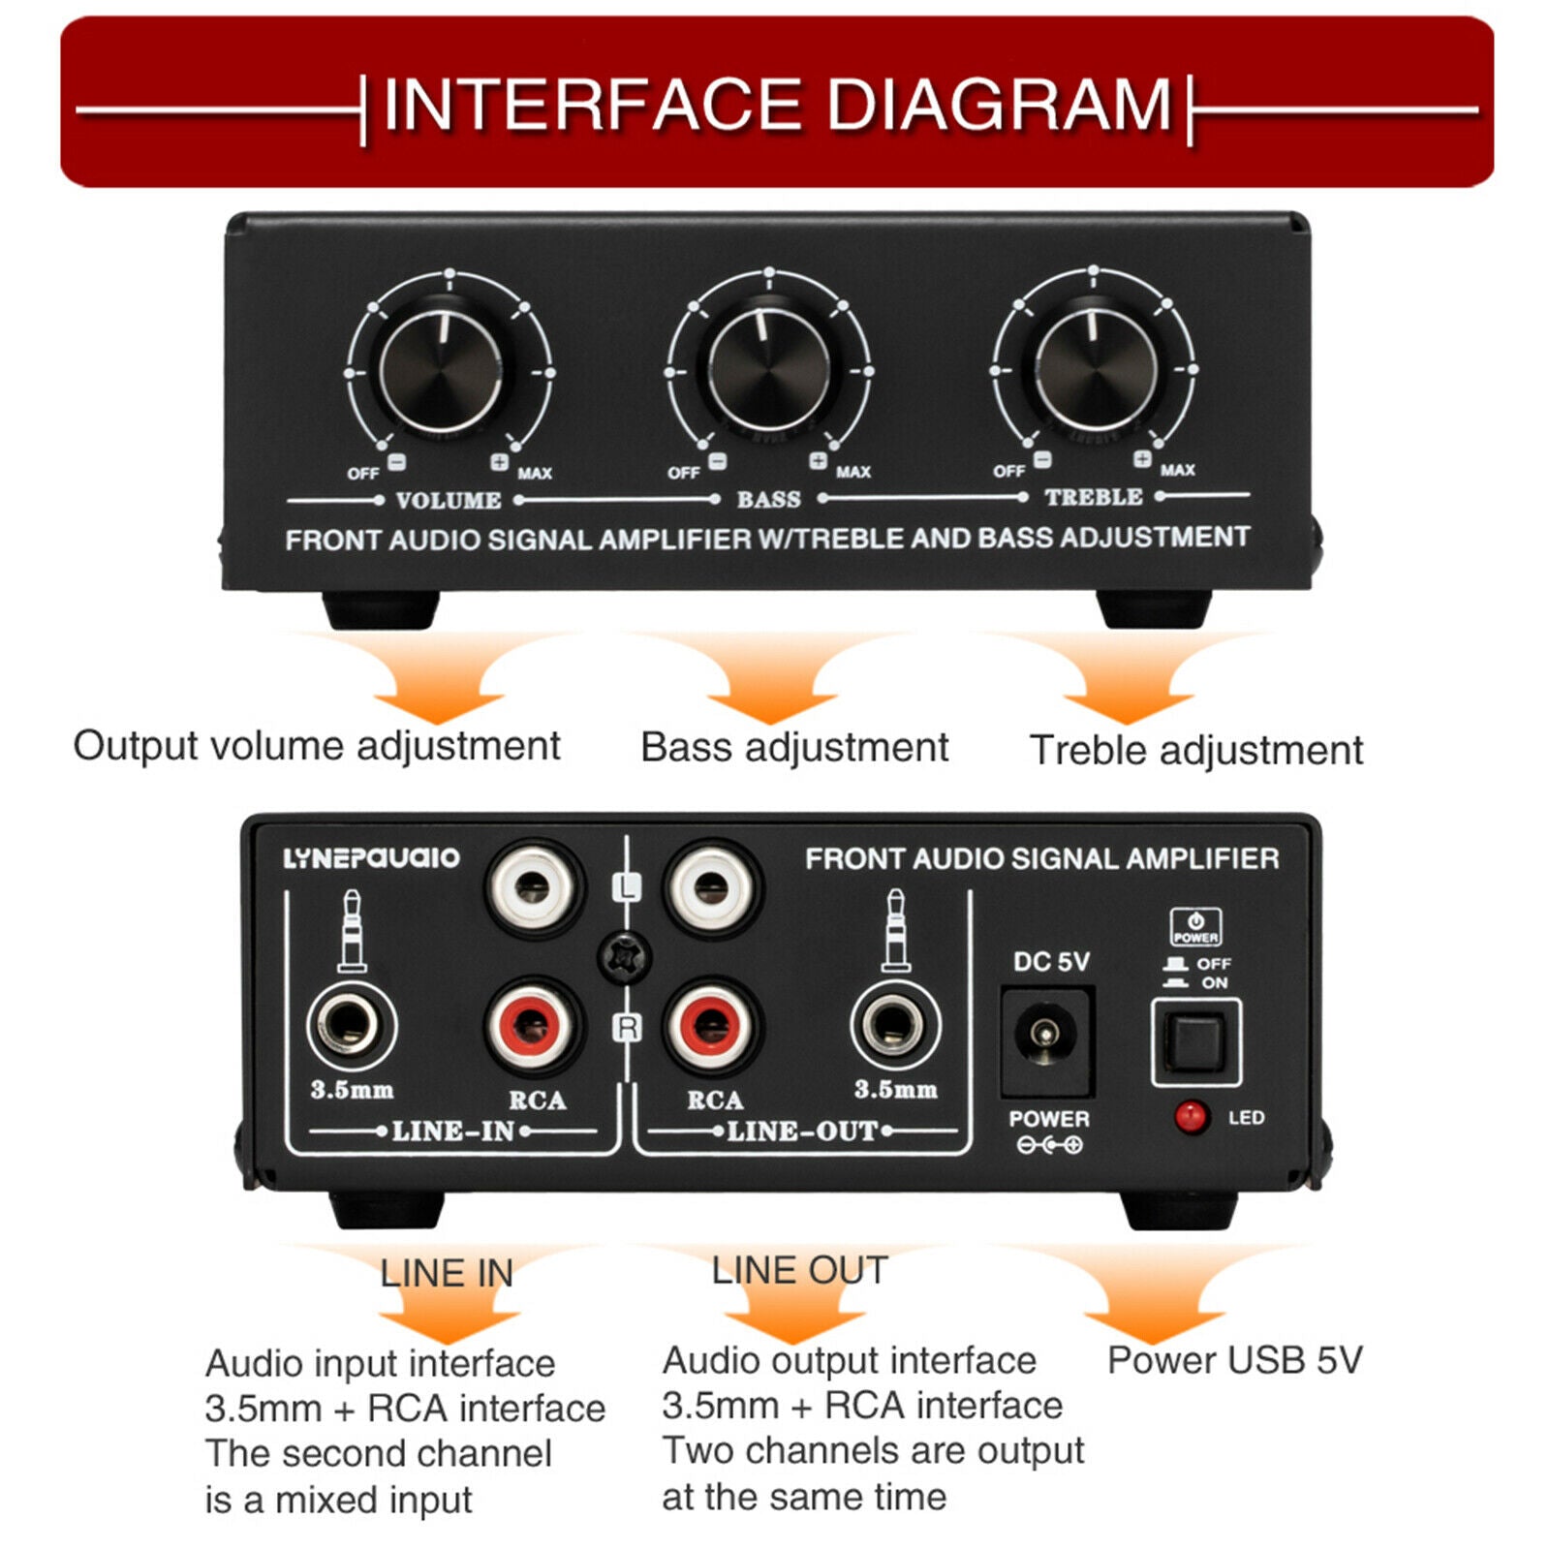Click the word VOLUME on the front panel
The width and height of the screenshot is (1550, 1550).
[449, 501]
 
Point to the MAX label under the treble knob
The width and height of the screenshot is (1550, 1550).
[1177, 470]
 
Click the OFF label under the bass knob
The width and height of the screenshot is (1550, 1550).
[683, 473]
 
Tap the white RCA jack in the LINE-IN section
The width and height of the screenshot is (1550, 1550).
[533, 886]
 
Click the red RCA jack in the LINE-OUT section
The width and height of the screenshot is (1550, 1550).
[712, 1025]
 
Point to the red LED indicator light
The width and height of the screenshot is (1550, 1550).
[1191, 1117]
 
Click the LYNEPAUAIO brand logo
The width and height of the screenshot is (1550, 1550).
[371, 858]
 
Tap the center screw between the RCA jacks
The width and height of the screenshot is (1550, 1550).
[623, 957]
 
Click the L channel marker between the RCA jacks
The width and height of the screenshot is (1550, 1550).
[628, 885]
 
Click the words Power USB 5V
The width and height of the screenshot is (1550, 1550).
[1234, 1360]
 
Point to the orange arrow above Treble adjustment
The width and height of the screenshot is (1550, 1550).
[1127, 683]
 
